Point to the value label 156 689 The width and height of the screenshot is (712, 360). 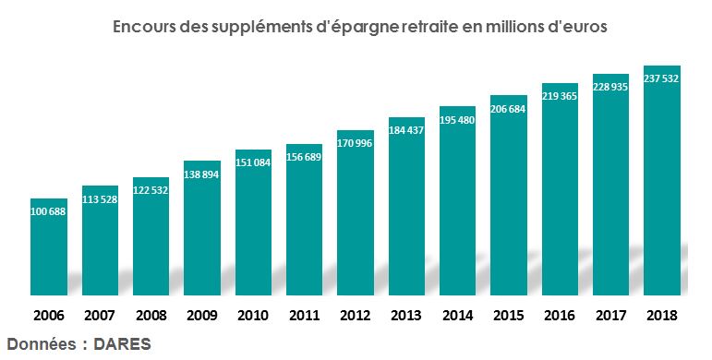305,158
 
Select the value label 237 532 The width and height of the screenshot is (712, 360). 661,78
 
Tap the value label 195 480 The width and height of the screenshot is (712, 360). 457,119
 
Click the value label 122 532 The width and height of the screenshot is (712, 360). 151,190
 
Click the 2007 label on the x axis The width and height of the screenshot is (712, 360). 100,316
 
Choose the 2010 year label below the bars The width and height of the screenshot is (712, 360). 253,316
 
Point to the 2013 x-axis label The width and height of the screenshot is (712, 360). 406,316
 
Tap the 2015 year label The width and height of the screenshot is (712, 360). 509,316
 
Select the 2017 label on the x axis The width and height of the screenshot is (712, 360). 610,316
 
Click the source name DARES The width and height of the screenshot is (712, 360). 122,343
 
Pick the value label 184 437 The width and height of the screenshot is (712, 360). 406,130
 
